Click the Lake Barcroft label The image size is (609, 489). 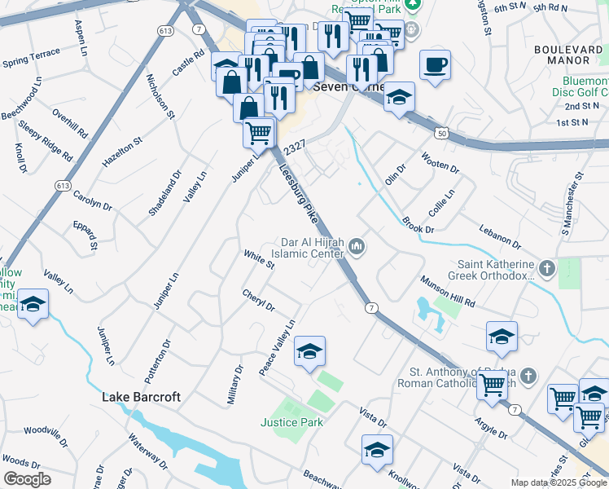tap(141, 398)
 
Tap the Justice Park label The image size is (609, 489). tap(291, 422)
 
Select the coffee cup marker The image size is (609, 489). tap(436, 64)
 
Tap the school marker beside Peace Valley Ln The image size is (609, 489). tap(309, 351)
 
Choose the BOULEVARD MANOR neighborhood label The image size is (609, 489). tap(562, 55)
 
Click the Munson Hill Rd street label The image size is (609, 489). tap(447, 291)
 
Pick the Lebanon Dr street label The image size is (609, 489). tap(500, 236)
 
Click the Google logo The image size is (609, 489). tap(27, 479)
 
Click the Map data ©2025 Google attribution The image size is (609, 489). tap(558, 482)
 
